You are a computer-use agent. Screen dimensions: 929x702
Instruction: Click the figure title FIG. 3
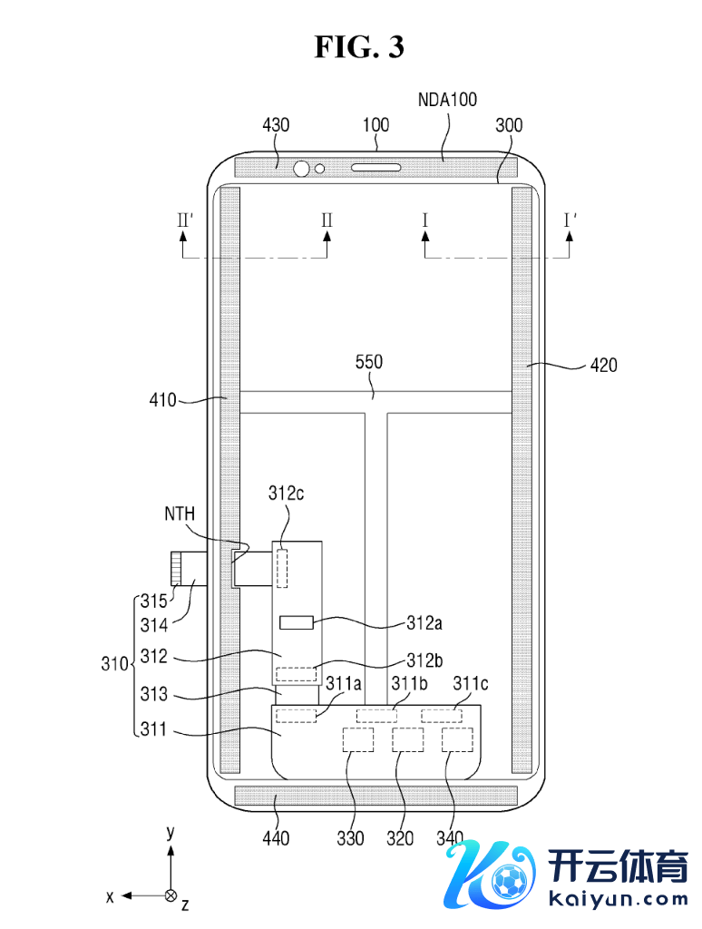[359, 46]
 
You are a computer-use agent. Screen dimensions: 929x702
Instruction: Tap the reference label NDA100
[447, 100]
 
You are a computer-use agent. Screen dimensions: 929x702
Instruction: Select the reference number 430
[276, 125]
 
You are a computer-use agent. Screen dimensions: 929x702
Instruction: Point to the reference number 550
[369, 362]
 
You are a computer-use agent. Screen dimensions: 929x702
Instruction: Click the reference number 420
[603, 366]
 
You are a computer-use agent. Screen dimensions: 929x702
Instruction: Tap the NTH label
[180, 514]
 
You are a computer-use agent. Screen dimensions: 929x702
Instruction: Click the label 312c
[287, 494]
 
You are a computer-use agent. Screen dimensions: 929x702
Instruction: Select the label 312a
[425, 623]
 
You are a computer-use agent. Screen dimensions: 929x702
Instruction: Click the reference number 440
[276, 838]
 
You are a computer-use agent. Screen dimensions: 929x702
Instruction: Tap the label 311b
[409, 682]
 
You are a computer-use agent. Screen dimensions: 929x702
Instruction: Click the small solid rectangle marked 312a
[297, 623]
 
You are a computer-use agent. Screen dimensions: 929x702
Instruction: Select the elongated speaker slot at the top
[375, 168]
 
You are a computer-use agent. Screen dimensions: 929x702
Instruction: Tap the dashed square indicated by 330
[358, 739]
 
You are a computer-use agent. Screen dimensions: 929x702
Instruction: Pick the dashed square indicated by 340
[458, 739]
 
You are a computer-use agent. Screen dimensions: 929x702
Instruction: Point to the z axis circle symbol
[170, 895]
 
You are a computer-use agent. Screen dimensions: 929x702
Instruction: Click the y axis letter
[170, 832]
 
